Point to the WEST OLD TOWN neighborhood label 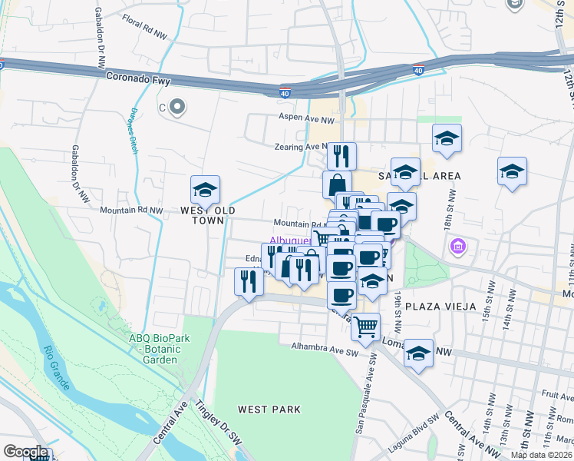pyautogui.click(x=208, y=215)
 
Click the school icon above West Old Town pyautogui.click(x=206, y=189)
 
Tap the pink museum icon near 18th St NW pyautogui.click(x=458, y=247)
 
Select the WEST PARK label pyautogui.click(x=269, y=410)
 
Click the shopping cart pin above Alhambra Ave pyautogui.click(x=366, y=327)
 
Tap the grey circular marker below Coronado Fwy pyautogui.click(x=178, y=108)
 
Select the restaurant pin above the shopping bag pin pyautogui.click(x=341, y=155)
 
